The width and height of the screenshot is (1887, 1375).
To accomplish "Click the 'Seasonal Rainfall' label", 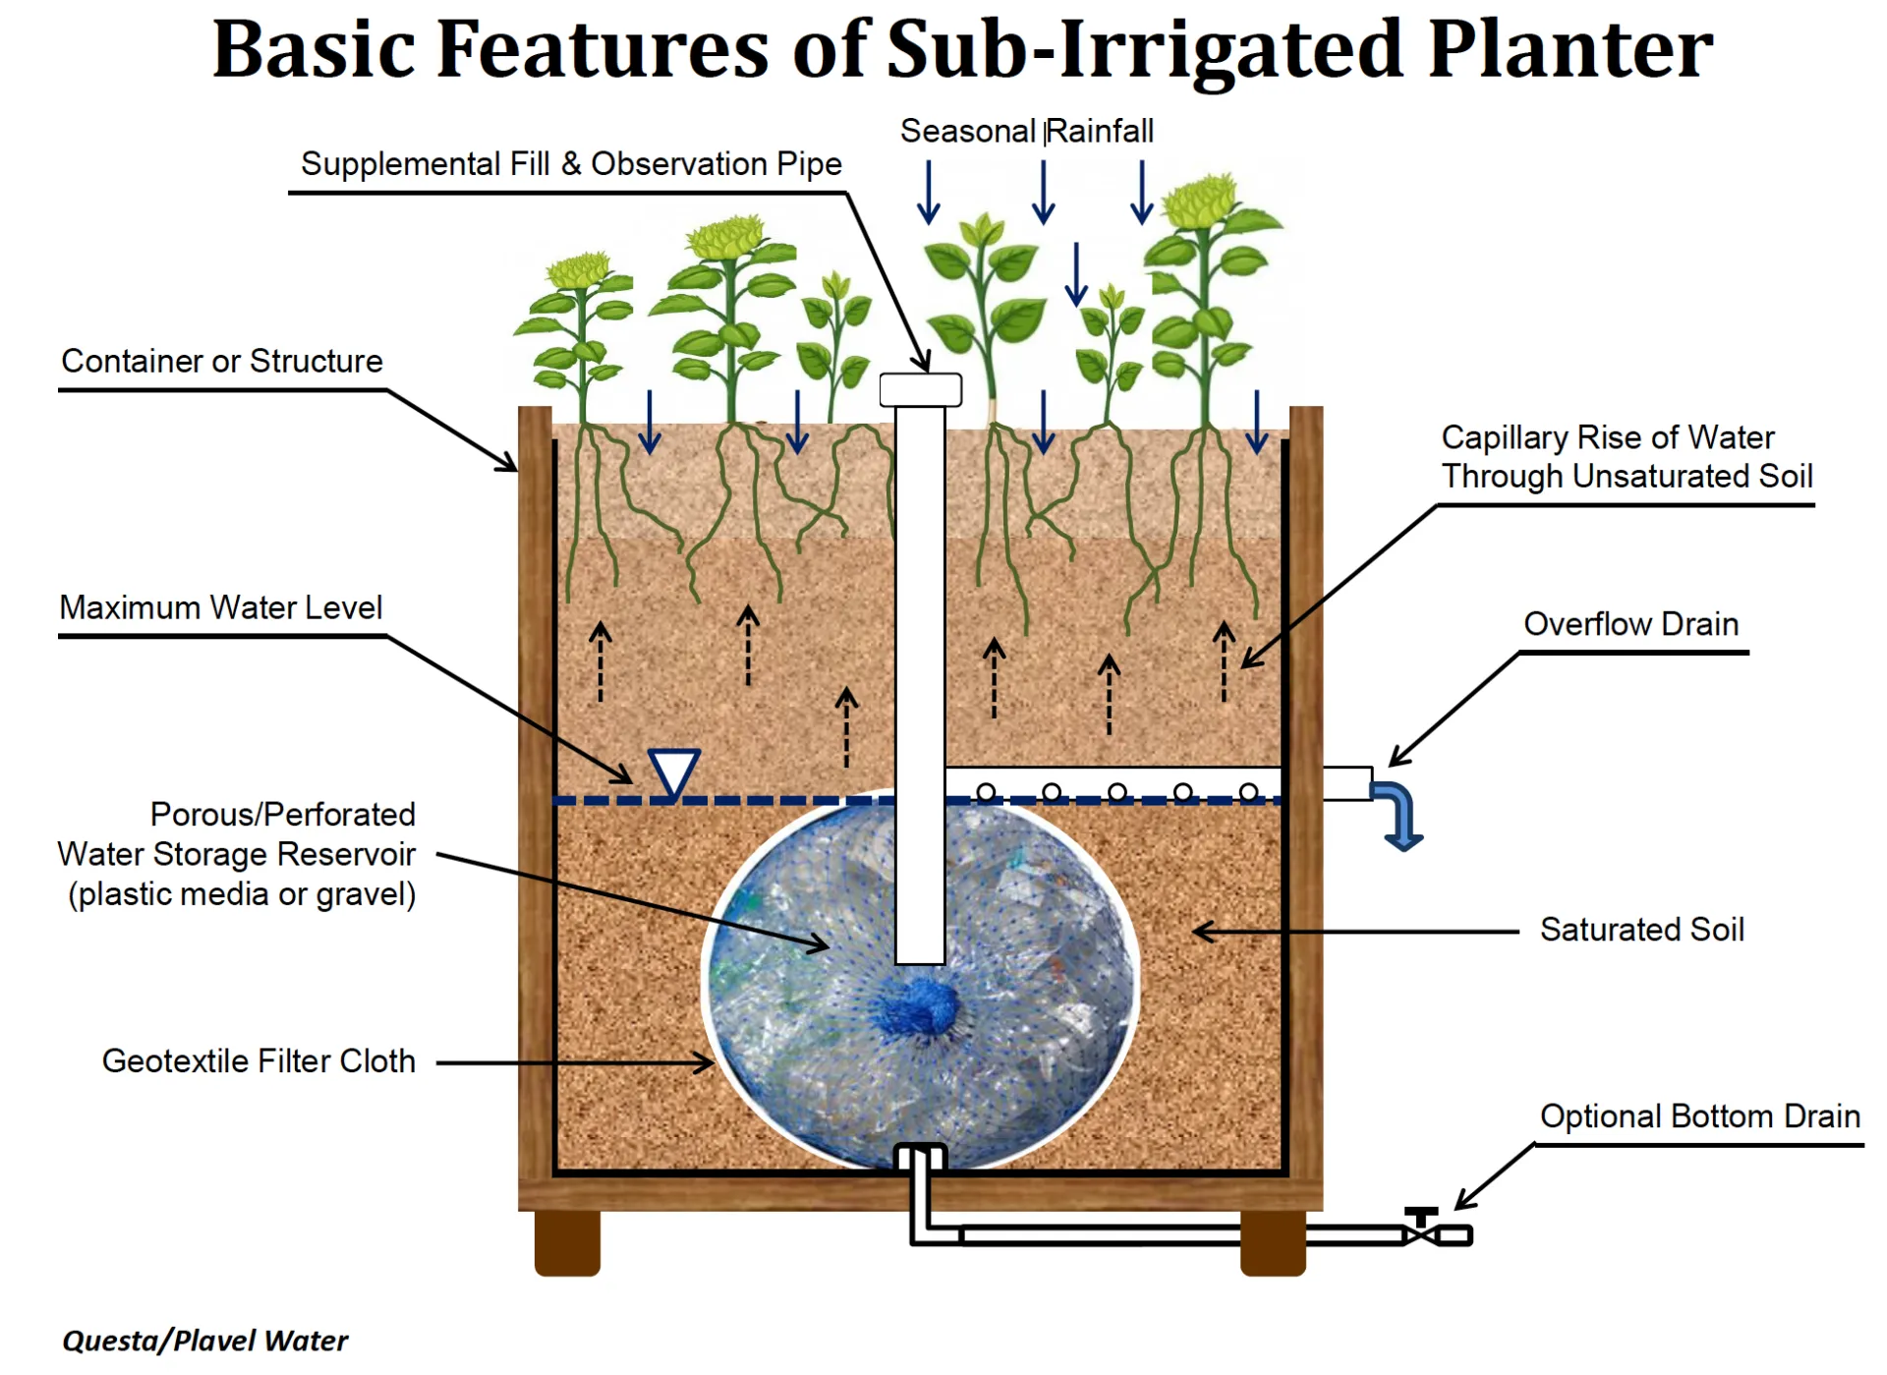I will [1026, 131].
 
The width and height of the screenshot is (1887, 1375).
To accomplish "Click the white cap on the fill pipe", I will [920, 389].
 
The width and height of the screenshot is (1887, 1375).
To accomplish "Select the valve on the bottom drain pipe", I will [1421, 1229].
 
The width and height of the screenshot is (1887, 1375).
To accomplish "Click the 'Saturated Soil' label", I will [1641, 929].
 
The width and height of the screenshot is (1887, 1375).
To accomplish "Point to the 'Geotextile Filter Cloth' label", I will [258, 1060].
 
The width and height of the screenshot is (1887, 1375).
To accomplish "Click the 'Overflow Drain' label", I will [1630, 623].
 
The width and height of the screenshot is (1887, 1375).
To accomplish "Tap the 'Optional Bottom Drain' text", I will [1699, 1116].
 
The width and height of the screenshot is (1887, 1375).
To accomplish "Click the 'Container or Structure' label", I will [221, 361].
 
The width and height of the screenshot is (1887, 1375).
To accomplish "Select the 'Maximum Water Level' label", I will [220, 607].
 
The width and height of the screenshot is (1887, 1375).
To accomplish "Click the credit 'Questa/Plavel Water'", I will [204, 1341].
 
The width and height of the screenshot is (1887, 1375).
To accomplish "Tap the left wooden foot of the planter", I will [567, 1242].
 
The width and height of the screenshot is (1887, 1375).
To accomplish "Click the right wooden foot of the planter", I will [1272, 1242].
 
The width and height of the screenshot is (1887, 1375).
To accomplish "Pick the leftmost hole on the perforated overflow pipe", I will [986, 792].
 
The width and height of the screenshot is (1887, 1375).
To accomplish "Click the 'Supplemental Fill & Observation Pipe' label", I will [571, 163].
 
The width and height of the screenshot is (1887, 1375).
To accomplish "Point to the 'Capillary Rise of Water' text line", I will [1607, 436].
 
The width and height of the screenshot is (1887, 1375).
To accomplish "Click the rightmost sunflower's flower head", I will [1199, 201].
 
